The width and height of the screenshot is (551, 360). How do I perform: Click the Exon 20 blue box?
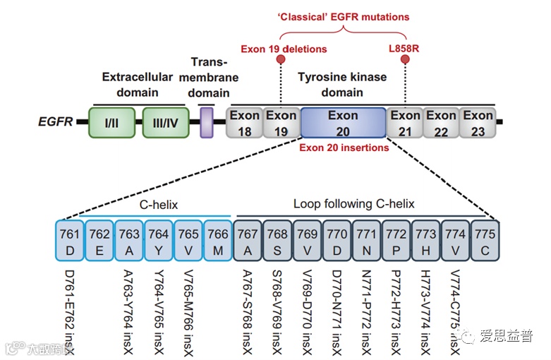[343, 123]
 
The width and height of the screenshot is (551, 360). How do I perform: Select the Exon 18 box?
[243, 123]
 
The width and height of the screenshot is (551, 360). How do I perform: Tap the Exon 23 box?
[478, 123]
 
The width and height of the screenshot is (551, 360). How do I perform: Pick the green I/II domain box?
[111, 123]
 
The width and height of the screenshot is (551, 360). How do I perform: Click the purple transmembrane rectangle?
[207, 122]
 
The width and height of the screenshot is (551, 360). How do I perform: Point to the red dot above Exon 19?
[281, 60]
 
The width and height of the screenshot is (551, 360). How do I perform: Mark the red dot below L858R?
[406, 60]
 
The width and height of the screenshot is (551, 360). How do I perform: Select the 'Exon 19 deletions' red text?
[284, 49]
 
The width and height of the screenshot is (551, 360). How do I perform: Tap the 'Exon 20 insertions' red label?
[344, 148]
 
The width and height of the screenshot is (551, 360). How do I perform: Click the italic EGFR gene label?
[55, 123]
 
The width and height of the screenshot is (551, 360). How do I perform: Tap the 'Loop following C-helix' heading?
[353, 205]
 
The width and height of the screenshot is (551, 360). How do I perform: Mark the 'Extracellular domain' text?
[137, 83]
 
